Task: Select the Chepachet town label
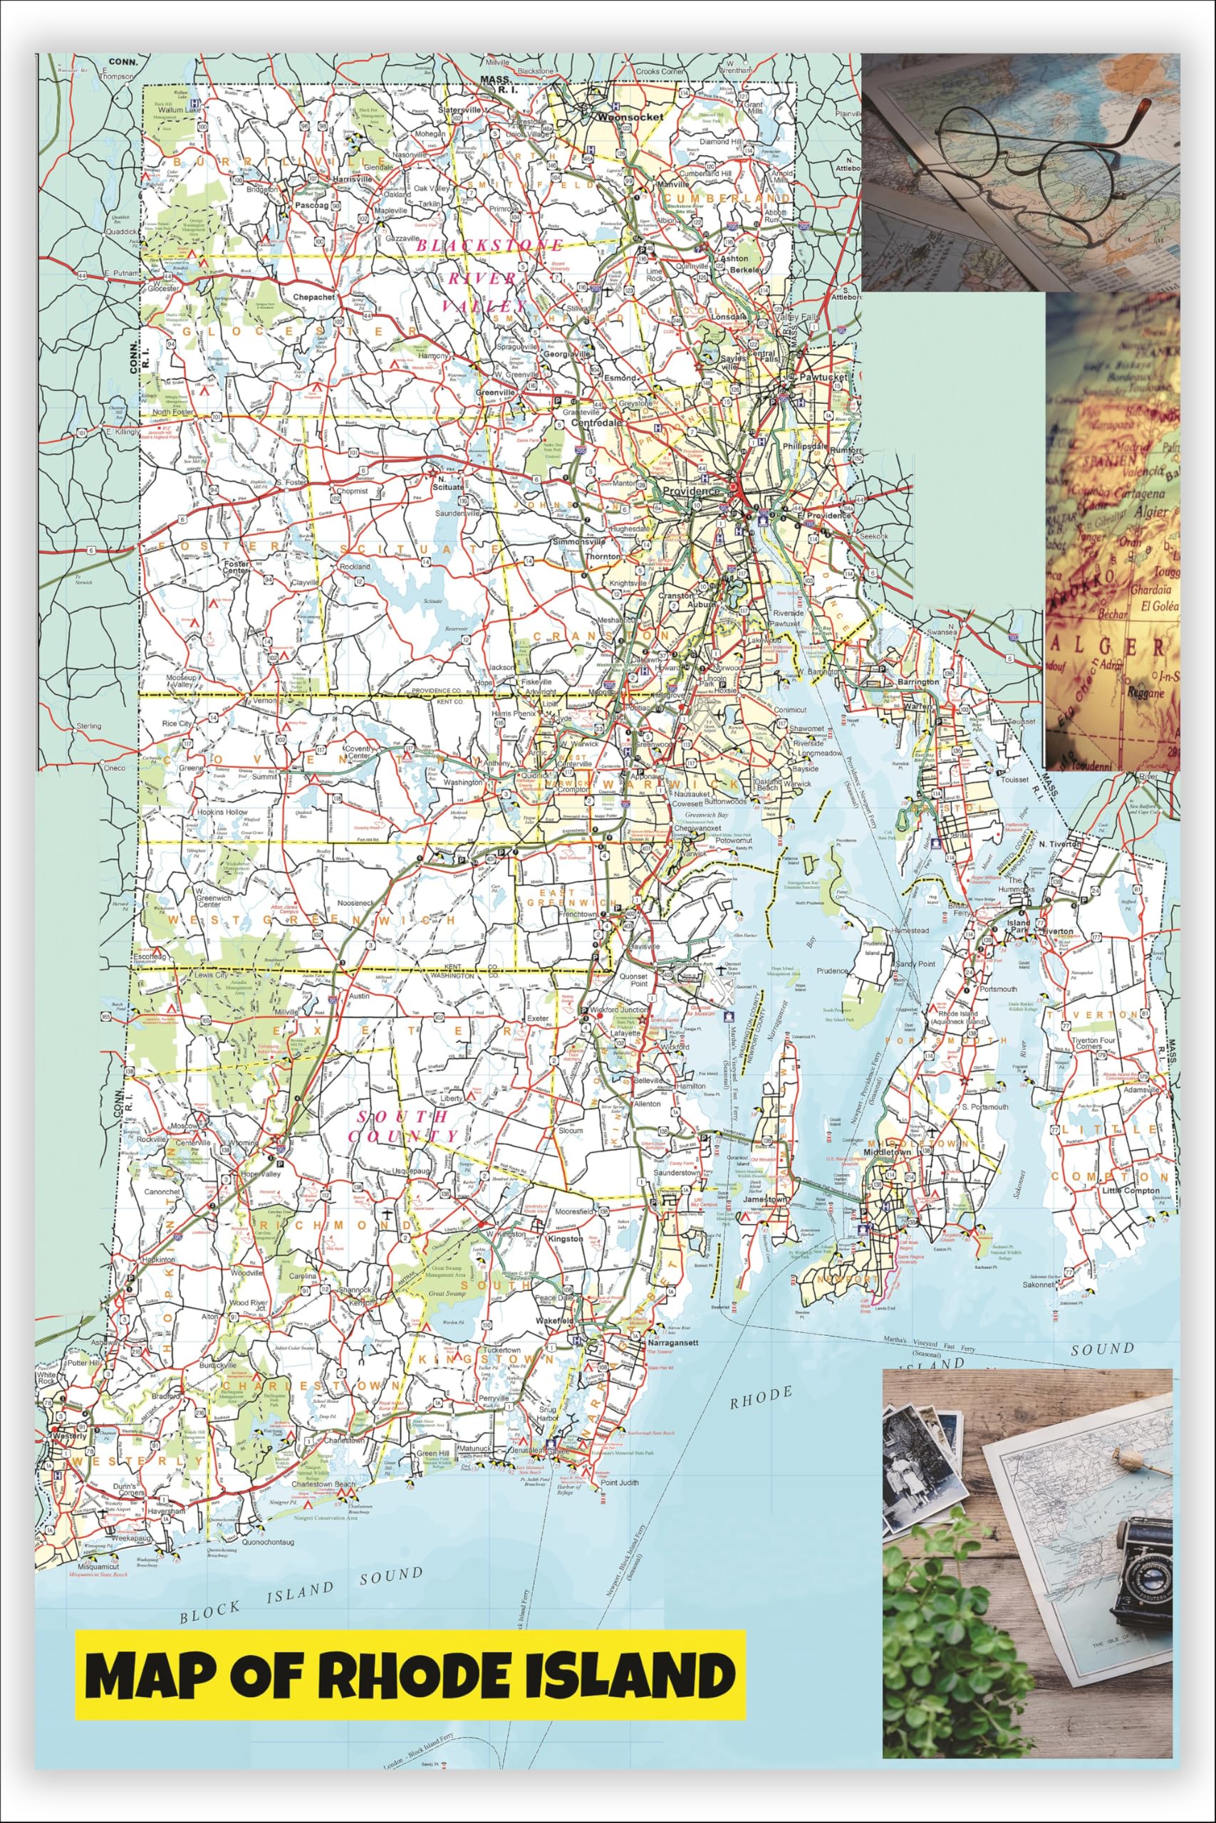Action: coord(313,297)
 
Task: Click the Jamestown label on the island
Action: coord(765,1199)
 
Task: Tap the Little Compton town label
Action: coord(1132,1191)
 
